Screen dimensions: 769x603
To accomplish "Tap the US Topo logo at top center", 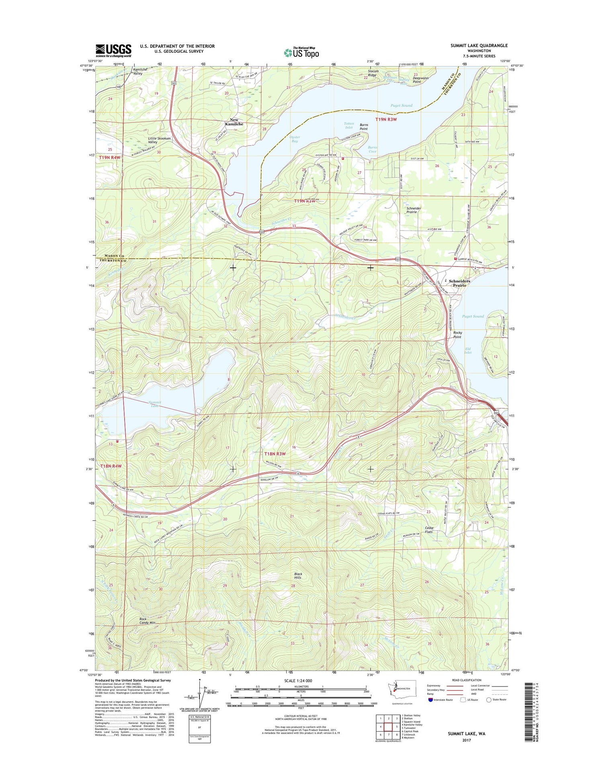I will pyautogui.click(x=301, y=52).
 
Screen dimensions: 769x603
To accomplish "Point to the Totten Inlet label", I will pyautogui.click(x=349, y=125).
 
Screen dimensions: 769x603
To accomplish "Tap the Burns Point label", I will pyautogui.click(x=364, y=127).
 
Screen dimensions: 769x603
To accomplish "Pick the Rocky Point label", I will pyautogui.click(x=457, y=335).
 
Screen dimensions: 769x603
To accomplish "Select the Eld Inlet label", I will pyautogui.click(x=468, y=350).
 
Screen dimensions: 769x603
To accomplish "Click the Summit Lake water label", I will pyautogui.click(x=155, y=404).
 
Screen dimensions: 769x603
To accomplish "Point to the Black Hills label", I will pyautogui.click(x=298, y=576).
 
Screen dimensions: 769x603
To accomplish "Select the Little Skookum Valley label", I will pyautogui.click(x=159, y=140).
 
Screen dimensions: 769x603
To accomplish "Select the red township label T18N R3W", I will pyautogui.click(x=275, y=454).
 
